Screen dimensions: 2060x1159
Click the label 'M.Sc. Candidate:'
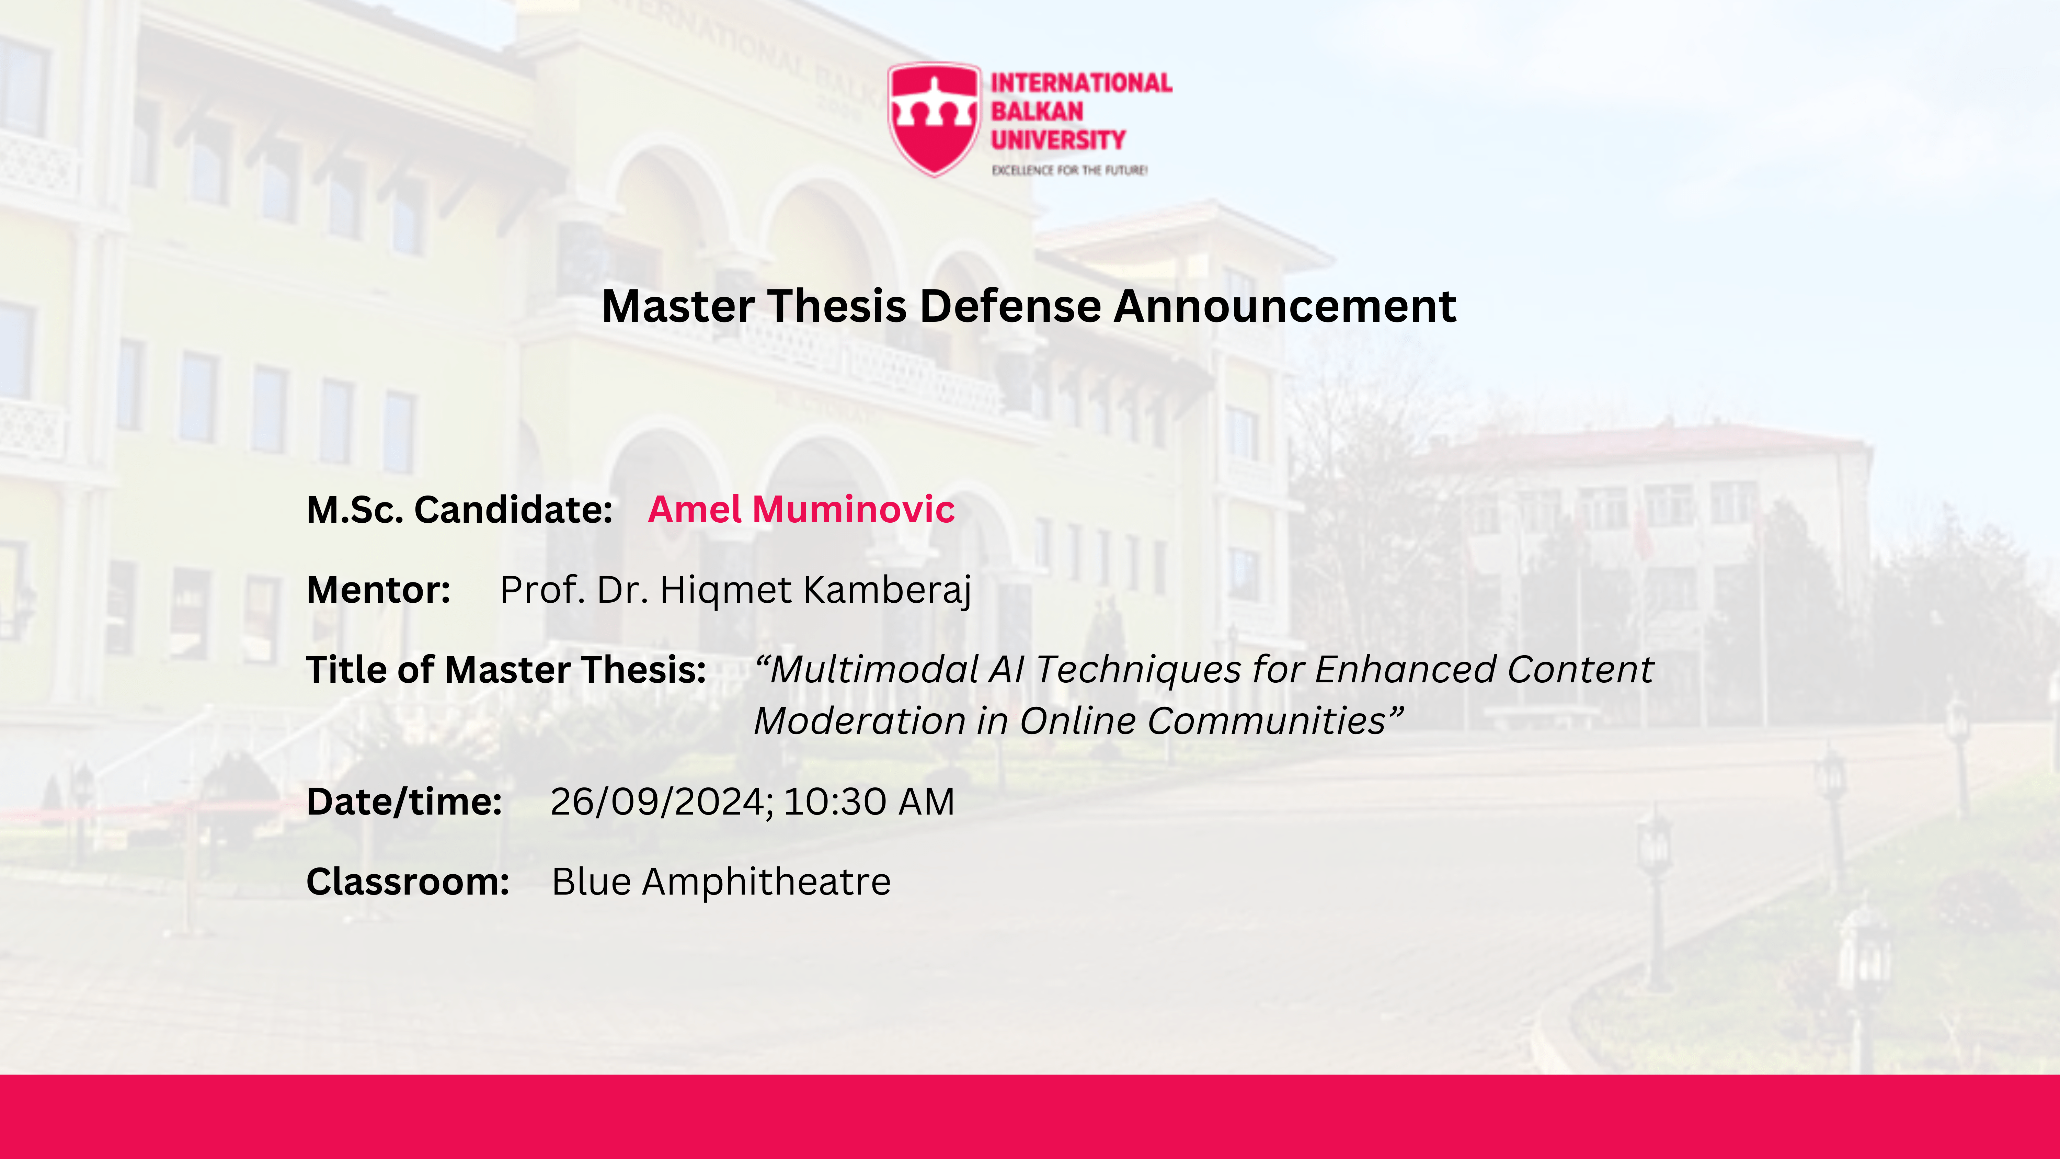[460, 510]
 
